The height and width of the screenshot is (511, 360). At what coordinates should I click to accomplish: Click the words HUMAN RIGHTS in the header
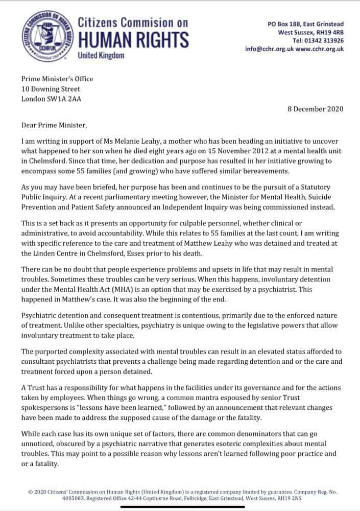point(133,40)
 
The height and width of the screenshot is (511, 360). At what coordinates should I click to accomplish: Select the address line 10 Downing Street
point(51,89)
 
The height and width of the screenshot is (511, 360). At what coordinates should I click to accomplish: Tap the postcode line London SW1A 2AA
point(51,99)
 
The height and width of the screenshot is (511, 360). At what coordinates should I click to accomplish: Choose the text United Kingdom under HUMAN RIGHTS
point(101,55)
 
